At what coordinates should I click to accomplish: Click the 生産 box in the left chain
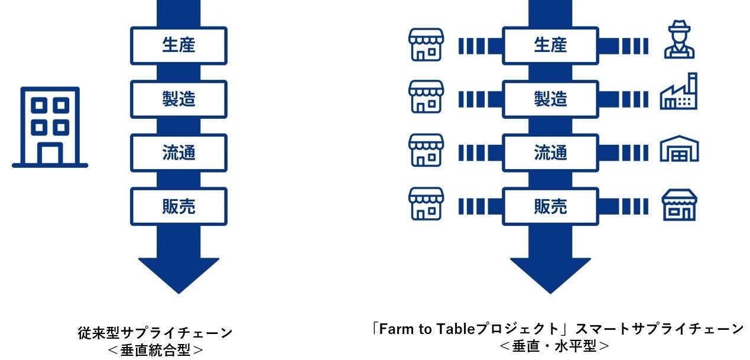click(178, 46)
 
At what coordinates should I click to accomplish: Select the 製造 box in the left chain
click(178, 99)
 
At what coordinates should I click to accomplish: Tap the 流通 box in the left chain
click(178, 153)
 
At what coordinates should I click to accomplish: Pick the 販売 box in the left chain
click(178, 206)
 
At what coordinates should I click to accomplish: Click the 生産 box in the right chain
click(550, 46)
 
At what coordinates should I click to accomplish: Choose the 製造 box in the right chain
click(550, 99)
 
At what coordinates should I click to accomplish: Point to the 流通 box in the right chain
click(550, 153)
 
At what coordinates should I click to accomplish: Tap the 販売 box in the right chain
click(550, 206)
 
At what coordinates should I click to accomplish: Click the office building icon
click(50, 127)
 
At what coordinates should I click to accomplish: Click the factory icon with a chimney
click(678, 92)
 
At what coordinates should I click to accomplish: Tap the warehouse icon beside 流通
click(679, 148)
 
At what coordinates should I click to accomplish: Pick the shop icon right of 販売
click(679, 205)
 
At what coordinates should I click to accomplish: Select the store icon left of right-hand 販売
click(426, 204)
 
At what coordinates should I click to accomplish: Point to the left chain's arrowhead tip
click(178, 291)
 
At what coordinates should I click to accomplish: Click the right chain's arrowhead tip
click(550, 291)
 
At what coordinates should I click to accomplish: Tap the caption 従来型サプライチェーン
click(155, 332)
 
